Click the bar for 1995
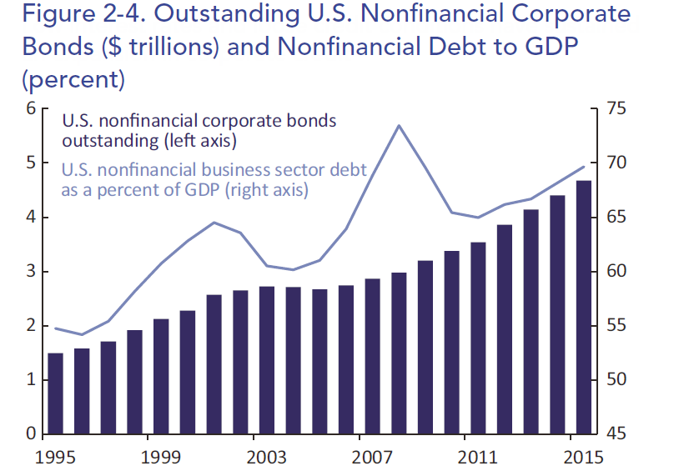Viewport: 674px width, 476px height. point(55,393)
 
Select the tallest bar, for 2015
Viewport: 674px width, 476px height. point(584,307)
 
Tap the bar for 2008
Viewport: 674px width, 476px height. point(399,353)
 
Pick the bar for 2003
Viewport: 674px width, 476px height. point(267,360)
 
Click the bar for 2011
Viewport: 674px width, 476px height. point(478,338)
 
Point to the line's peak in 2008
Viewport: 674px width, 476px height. point(399,125)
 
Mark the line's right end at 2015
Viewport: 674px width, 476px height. point(584,167)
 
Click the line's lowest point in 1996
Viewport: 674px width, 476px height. point(82,334)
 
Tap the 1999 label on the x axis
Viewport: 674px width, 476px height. point(161,458)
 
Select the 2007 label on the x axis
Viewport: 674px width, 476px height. point(372,458)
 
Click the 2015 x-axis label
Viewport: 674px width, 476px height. point(583,458)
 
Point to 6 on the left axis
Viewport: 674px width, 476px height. point(31,108)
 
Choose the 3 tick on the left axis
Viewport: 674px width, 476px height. point(31,272)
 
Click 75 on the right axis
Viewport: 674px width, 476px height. point(616,108)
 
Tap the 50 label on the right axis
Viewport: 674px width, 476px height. point(616,380)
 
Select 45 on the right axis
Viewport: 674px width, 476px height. point(616,433)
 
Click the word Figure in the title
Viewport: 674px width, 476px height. point(59,15)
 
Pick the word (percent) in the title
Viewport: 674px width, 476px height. point(73,79)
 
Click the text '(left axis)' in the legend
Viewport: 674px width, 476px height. point(199,141)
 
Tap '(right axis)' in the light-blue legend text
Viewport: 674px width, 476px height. point(267,190)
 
